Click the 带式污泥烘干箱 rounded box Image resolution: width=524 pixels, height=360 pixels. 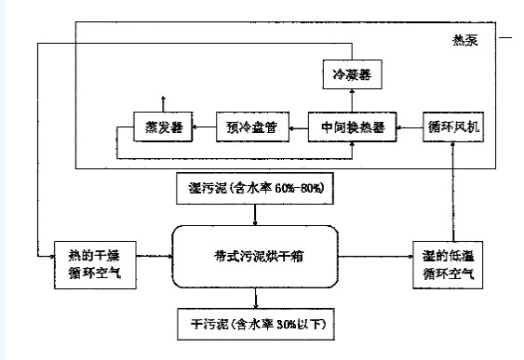click(257, 253)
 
